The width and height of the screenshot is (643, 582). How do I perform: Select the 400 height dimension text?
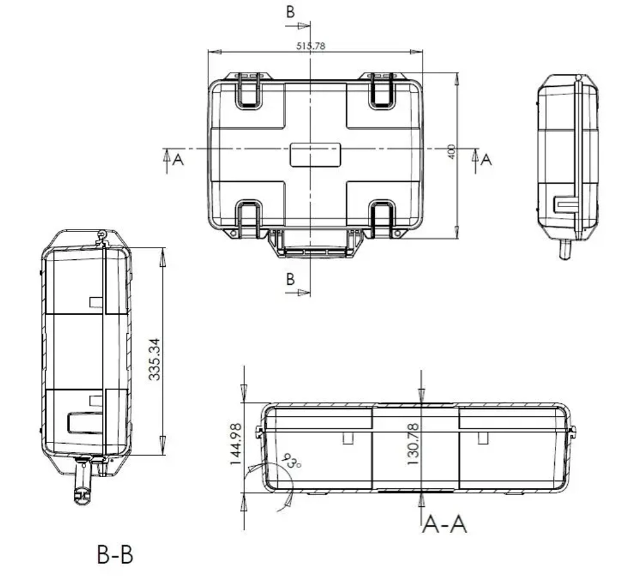tap(451, 152)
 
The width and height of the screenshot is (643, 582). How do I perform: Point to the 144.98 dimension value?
tap(235, 444)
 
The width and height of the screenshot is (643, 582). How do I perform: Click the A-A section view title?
tap(444, 524)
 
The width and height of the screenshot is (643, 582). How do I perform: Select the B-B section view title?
tap(115, 554)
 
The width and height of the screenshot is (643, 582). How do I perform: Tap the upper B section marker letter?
tap(291, 12)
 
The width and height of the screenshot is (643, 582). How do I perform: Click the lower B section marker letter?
tap(291, 279)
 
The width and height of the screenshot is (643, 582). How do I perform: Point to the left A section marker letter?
tap(178, 159)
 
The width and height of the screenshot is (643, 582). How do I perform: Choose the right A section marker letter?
tap(486, 159)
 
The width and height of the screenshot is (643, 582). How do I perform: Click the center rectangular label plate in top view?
tap(314, 155)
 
